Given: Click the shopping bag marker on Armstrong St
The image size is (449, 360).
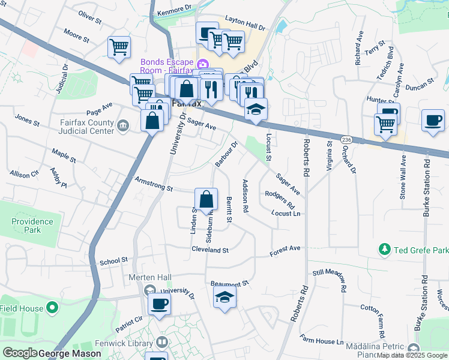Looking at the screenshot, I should [206, 200].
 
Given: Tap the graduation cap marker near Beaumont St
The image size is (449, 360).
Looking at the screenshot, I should [224, 297].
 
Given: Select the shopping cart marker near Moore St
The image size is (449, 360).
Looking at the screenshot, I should [119, 47].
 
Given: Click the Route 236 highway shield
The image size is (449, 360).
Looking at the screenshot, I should [346, 139].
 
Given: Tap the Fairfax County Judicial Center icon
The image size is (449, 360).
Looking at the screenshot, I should [123, 125].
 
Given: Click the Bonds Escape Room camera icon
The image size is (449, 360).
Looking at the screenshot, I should [203, 64].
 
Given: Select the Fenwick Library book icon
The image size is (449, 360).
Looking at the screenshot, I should [161, 342].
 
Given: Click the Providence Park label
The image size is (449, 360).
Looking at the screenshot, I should [32, 226].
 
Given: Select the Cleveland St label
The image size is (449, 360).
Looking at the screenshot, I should [211, 249].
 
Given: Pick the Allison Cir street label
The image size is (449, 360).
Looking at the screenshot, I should [24, 173].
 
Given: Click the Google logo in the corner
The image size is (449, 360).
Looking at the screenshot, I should [20, 353].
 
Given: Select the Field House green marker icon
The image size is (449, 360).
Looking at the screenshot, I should [52, 308].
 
